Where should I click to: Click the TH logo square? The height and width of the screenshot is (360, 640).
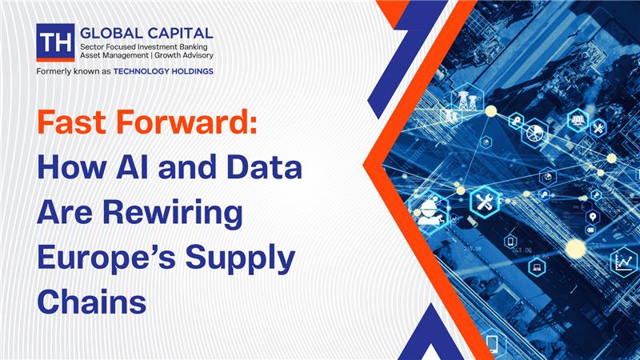pyautogui.click(x=55, y=42)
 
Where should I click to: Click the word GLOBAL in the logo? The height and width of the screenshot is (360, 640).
pyautogui.click(x=110, y=33)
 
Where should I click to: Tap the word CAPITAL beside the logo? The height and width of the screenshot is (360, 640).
pyautogui.click(x=179, y=33)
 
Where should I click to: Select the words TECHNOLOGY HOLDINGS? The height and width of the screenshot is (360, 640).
pyautogui.click(x=163, y=71)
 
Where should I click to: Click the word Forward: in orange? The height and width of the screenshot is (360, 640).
pyautogui.click(x=187, y=122)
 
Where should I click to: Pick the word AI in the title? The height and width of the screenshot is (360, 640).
pyautogui.click(x=132, y=167)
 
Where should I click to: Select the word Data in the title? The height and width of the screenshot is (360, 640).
pyautogui.click(x=264, y=167)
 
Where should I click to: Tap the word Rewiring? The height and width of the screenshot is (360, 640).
pyautogui.click(x=173, y=214)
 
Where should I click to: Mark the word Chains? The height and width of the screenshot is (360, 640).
pyautogui.click(x=92, y=302)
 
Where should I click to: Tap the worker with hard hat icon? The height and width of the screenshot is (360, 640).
pyautogui.click(x=429, y=211)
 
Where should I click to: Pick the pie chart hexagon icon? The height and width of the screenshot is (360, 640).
pyautogui.click(x=534, y=133)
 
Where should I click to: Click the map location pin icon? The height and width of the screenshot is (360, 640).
pyautogui.click(x=593, y=217)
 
